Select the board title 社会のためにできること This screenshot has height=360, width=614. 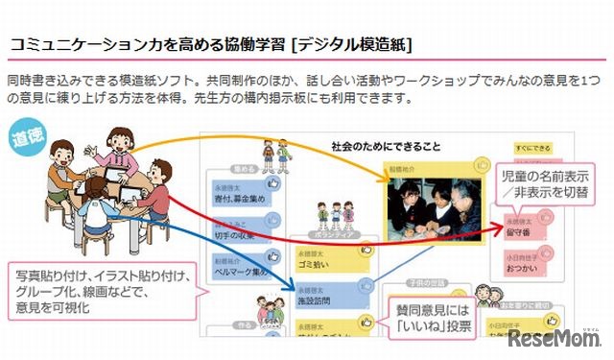click(x=385, y=147)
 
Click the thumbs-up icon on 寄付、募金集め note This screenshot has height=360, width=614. click(x=272, y=182)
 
